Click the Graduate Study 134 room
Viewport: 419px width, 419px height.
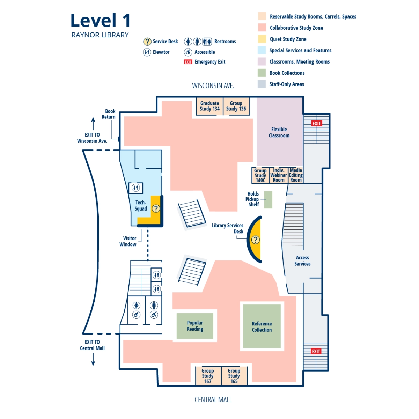coord(209,106)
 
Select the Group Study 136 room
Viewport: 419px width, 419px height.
coord(236,106)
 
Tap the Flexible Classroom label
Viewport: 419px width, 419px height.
coord(279,132)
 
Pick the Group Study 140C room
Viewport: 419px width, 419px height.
coord(260,175)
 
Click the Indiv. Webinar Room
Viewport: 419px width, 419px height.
coord(279,175)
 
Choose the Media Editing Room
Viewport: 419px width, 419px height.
coord(296,175)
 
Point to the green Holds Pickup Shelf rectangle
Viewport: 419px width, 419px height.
coord(268,200)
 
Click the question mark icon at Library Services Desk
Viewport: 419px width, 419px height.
coord(256,240)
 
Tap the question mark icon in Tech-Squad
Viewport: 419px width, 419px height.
coord(156,208)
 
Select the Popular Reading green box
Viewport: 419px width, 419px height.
coord(195,326)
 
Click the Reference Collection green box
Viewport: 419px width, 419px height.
coord(262,326)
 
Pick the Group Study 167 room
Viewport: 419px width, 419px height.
coord(208,376)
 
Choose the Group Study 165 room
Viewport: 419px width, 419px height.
coord(234,376)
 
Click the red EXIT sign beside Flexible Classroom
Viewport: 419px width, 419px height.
coord(316,123)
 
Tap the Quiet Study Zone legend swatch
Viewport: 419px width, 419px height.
coord(262,39)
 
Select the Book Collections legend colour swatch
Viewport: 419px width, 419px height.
coord(262,73)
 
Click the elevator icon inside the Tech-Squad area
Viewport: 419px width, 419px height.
coord(136,188)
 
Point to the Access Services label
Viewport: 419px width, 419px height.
coord(302,261)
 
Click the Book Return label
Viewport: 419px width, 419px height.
coord(109,114)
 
